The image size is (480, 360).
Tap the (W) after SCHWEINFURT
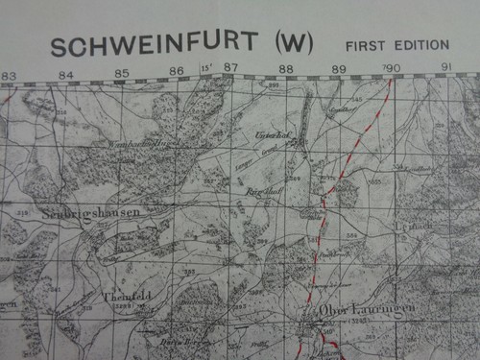point(295,44)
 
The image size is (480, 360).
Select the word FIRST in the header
point(365,45)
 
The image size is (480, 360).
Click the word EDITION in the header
point(420,45)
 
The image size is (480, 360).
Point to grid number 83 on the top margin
point(9,74)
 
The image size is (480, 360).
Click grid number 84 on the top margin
point(64,74)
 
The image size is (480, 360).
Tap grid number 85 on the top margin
point(122,73)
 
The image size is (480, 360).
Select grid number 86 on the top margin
point(178,71)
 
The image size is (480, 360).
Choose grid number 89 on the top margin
point(338,69)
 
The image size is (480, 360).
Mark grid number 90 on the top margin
point(392,68)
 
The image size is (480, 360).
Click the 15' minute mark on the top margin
point(205,68)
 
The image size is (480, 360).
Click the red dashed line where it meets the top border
point(391,81)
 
